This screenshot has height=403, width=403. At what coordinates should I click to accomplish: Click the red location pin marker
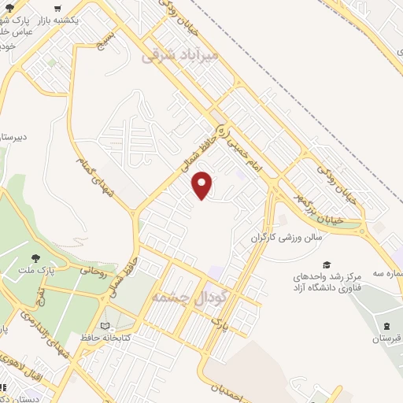coord(202,185)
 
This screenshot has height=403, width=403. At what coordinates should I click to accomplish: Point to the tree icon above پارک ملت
coord(35,257)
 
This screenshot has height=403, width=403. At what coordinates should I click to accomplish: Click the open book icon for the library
coord(105,326)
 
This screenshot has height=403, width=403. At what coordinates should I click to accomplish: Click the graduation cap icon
coord(327,264)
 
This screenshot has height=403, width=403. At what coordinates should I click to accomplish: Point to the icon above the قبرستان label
coord(386,325)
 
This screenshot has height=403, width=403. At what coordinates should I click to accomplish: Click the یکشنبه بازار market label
coord(75,17)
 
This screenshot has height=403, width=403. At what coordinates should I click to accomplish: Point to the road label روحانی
coord(93,272)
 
